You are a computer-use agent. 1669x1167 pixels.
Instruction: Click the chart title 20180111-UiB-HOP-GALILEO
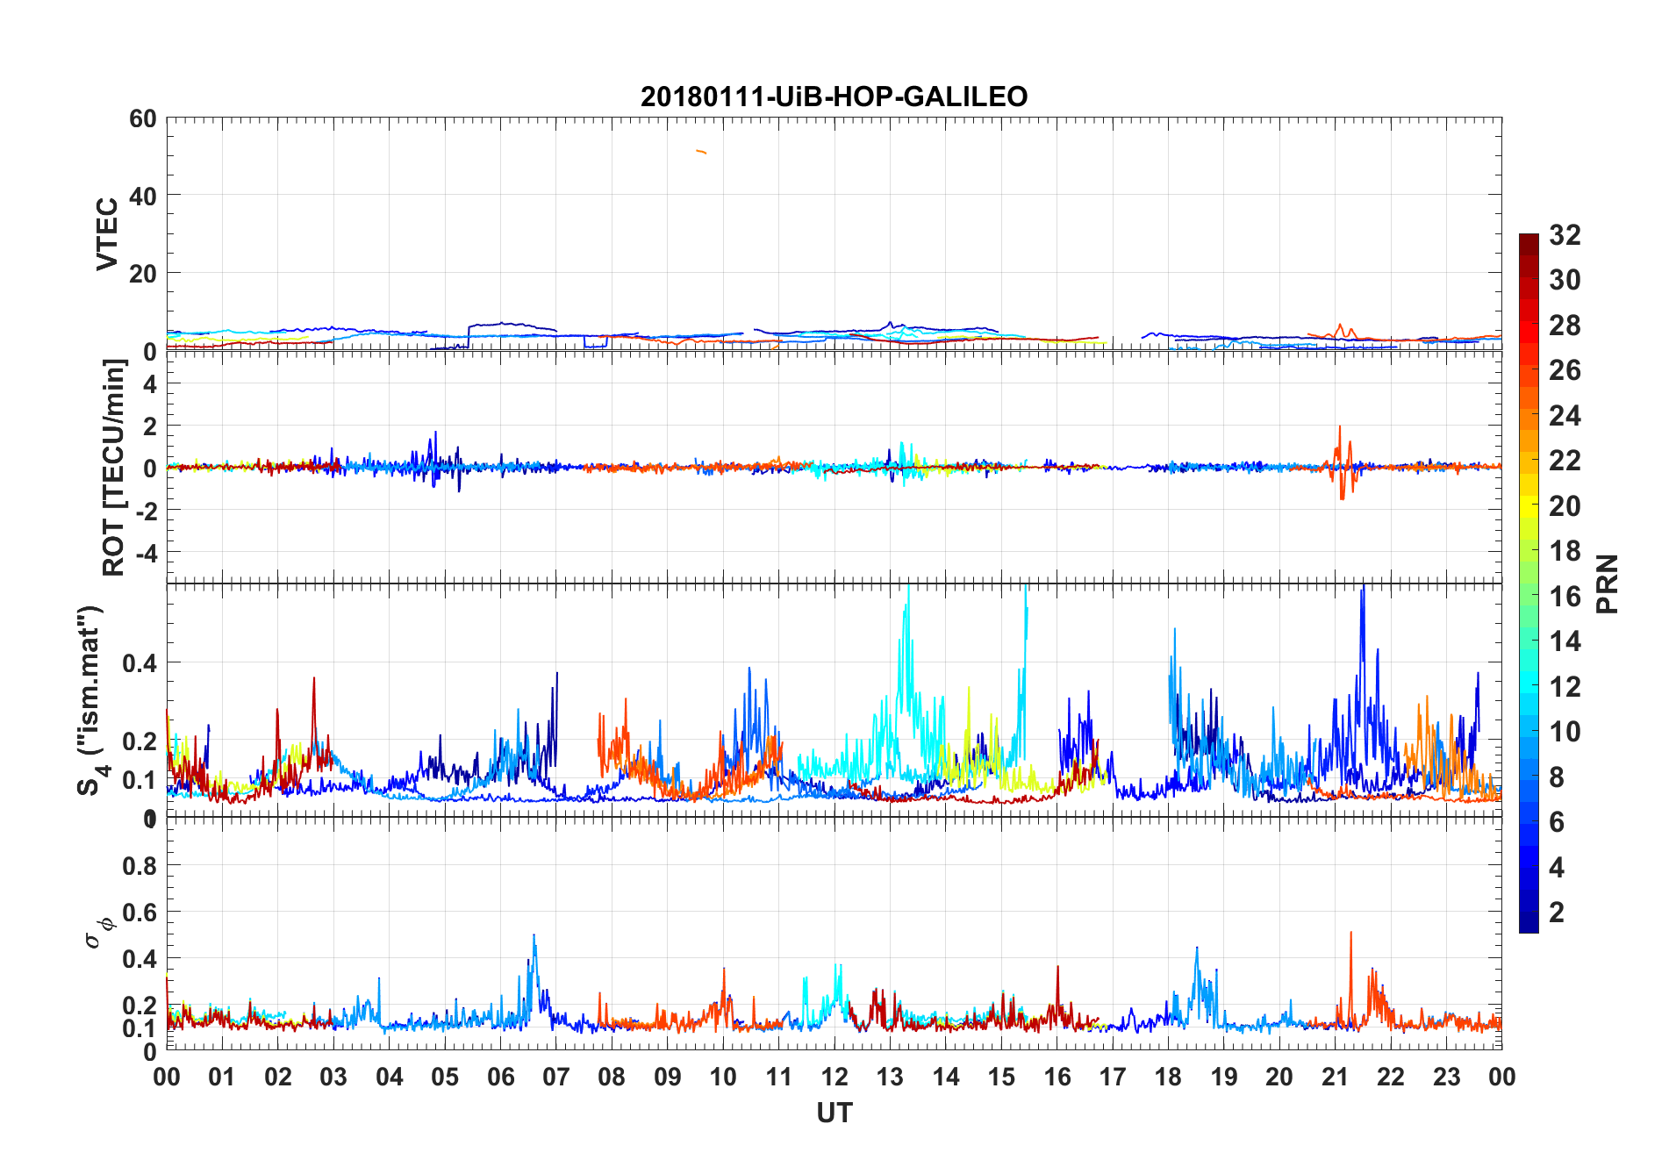834,97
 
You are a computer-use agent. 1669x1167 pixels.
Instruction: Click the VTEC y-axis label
107,233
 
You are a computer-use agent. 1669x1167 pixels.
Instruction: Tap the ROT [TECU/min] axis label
113,467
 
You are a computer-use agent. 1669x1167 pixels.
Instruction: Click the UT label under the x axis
834,1113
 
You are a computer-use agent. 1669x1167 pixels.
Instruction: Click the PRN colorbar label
1608,583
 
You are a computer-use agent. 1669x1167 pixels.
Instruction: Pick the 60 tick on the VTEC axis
142,118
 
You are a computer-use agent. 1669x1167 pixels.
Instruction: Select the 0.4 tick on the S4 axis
139,663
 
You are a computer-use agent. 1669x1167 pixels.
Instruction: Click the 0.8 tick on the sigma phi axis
139,866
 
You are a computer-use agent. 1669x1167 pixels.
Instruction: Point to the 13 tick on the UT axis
890,1077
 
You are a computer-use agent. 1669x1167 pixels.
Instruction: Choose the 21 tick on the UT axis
1335,1077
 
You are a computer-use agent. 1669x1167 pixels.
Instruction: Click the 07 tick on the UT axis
556,1077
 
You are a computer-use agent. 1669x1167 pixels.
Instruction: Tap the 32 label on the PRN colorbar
1565,235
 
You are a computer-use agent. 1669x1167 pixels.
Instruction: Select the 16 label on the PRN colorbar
1565,597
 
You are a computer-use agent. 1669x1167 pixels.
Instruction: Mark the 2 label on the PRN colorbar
1557,913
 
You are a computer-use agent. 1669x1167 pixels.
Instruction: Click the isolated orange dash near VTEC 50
701,152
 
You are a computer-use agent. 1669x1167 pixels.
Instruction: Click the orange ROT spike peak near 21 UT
1340,427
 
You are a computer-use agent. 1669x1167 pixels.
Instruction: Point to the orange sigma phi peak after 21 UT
1350,934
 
